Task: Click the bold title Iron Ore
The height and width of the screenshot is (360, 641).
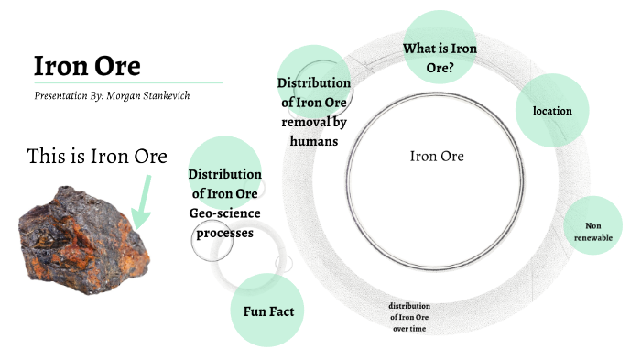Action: click(87, 66)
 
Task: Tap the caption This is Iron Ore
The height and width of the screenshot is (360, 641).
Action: click(97, 157)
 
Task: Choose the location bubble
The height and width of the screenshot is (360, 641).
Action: click(552, 111)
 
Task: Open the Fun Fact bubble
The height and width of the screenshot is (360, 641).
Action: click(267, 311)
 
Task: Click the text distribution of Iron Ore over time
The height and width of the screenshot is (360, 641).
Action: click(408, 316)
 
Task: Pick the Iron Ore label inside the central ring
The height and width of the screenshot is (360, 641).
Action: click(437, 157)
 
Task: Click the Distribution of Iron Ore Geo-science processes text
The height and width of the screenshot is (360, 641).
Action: click(224, 203)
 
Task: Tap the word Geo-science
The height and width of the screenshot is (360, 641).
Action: click(224, 213)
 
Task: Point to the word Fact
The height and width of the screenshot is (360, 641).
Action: click(284, 311)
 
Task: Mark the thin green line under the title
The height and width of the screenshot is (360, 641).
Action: click(128, 82)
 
